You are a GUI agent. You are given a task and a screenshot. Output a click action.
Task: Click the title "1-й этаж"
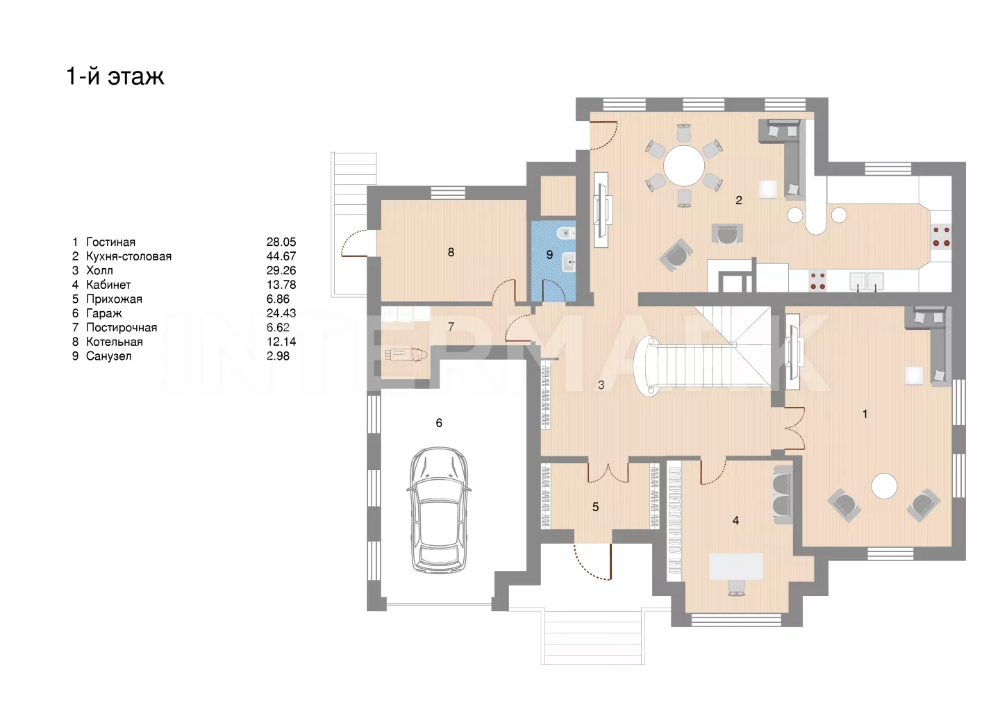[115, 76]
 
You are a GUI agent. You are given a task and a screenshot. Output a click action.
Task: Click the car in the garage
[439, 510]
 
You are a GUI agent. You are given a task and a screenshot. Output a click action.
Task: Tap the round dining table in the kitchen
[683, 165]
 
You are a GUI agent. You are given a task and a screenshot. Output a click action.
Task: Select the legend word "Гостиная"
[110, 242]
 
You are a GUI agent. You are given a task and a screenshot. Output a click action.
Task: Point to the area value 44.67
[281, 256]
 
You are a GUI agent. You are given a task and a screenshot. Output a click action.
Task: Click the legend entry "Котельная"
[115, 342]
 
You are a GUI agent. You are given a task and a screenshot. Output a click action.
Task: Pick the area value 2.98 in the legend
[278, 356]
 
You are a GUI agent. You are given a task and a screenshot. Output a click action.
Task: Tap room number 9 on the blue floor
[549, 254]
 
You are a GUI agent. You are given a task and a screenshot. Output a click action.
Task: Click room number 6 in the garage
[439, 423]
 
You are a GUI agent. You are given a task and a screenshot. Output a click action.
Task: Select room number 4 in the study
[735, 520]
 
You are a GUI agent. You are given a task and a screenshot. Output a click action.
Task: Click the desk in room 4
[736, 567]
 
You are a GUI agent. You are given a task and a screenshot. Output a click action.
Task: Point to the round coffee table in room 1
[885, 486]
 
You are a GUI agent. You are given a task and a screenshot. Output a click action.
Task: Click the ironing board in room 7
[406, 355]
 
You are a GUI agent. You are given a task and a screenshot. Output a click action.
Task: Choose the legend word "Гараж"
[104, 313]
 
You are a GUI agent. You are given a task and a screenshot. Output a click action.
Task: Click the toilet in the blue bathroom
[566, 233]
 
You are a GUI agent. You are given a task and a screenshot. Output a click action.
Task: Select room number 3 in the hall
[601, 385]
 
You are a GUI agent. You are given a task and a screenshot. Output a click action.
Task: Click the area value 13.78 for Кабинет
[281, 285]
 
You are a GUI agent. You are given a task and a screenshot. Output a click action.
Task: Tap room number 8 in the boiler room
[451, 252]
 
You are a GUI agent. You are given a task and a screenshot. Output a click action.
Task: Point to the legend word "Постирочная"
[122, 328]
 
